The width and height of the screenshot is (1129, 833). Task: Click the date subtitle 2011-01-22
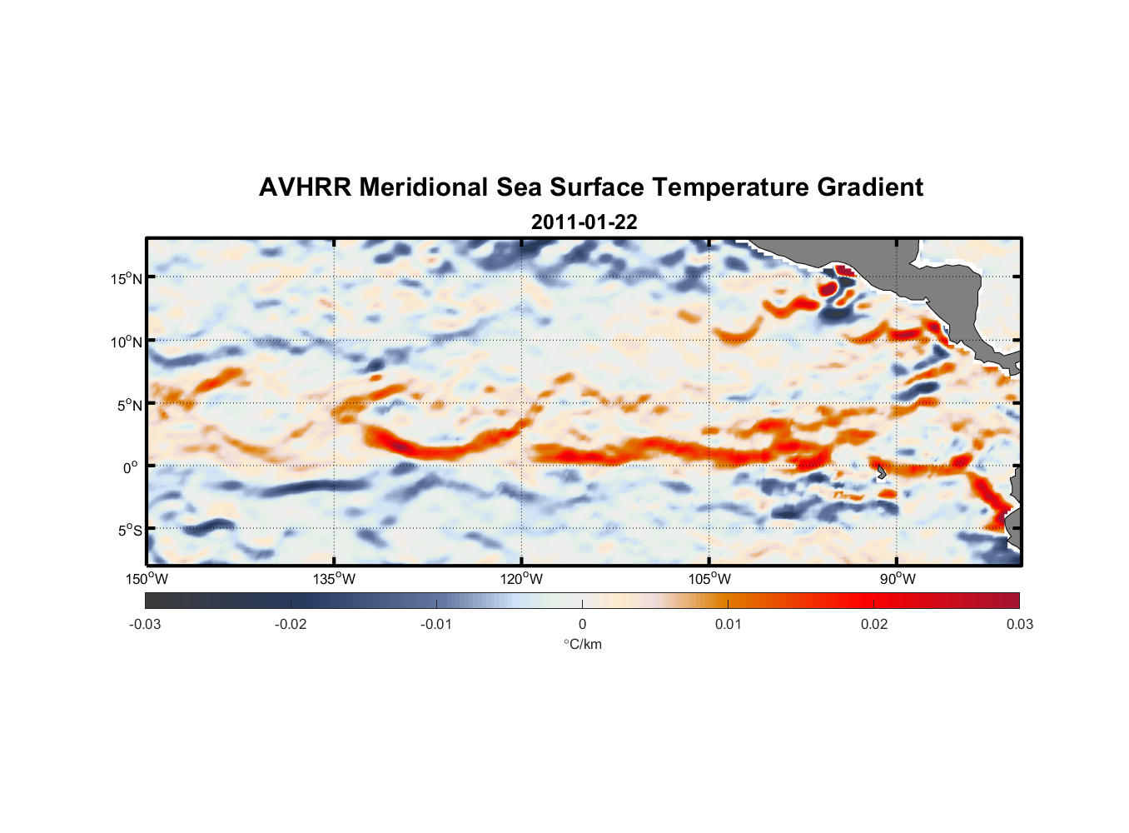(584, 222)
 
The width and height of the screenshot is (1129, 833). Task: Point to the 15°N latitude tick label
(127, 278)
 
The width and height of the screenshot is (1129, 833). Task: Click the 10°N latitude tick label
(127, 342)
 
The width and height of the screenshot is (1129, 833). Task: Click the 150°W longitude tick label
(147, 579)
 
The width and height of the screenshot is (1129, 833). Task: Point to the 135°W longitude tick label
(334, 579)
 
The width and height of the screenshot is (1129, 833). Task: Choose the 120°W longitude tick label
(521, 579)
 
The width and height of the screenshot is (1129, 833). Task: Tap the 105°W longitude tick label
(709, 579)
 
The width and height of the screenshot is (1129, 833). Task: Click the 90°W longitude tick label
(897, 579)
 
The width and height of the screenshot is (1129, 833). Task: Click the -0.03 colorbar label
(145, 624)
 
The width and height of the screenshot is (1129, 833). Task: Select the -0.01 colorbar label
(436, 624)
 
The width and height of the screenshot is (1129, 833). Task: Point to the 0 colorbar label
(582, 624)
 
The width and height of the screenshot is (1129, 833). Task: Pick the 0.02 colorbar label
(874, 624)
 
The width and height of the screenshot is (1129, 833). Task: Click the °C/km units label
(582, 644)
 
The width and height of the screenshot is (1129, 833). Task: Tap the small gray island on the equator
(881, 472)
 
